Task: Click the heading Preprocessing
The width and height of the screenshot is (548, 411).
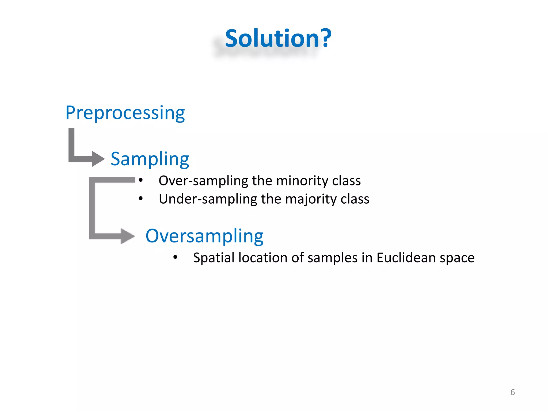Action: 125,113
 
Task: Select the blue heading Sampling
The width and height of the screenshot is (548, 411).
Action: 150,159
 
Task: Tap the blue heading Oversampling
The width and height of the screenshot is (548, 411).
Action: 204,236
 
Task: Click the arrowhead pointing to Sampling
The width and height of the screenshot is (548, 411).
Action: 98,159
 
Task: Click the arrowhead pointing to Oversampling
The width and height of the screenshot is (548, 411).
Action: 127,236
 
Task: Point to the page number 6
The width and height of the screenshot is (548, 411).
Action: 512,392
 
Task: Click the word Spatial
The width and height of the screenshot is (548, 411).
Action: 214,258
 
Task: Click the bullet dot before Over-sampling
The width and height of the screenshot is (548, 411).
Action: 141,180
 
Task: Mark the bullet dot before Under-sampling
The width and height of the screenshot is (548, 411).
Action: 141,199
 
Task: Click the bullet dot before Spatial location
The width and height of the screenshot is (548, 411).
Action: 175,257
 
